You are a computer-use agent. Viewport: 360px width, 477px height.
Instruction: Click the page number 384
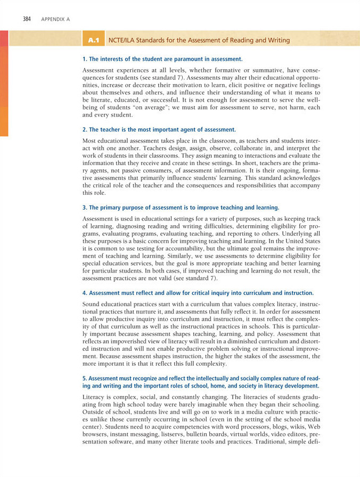27,19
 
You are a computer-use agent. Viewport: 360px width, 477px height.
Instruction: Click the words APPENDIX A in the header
54,20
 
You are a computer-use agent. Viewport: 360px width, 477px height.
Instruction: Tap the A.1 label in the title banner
95,40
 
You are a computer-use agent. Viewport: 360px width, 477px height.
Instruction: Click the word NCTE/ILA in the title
124,40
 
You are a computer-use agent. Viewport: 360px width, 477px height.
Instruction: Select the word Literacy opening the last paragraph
95,397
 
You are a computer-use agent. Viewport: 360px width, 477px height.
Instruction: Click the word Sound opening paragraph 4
92,303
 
